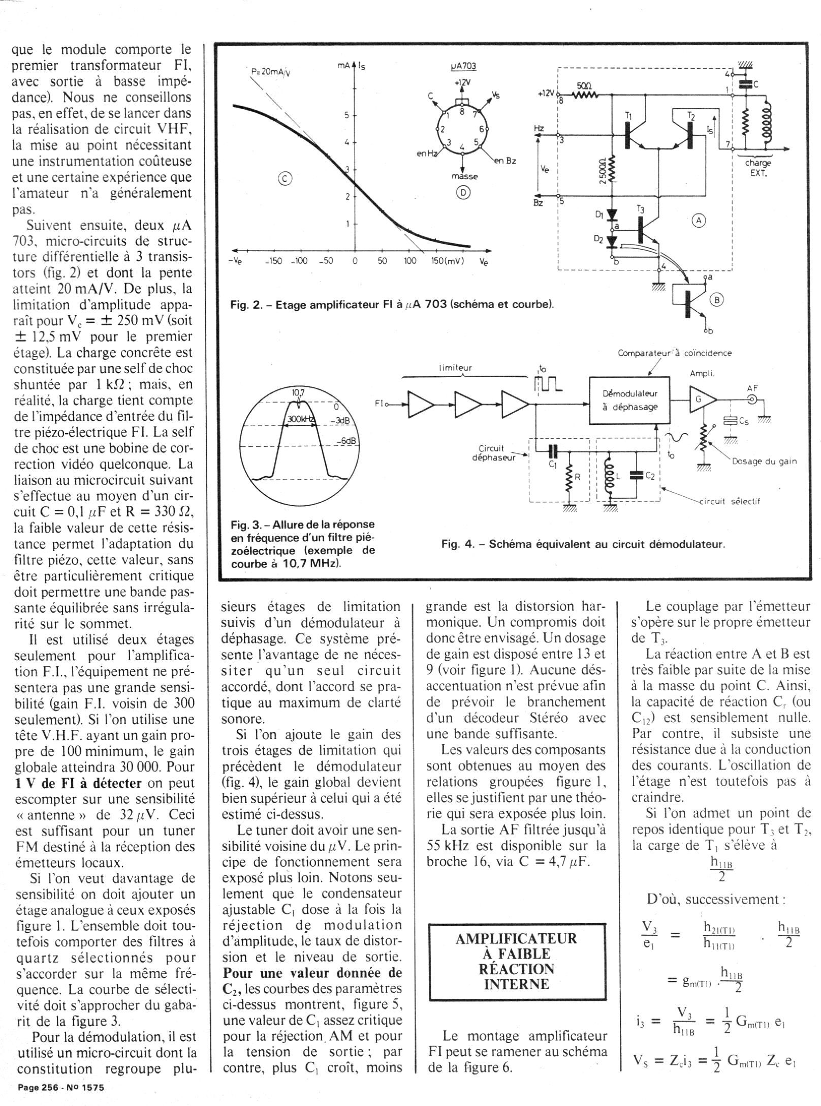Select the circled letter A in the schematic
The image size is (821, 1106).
point(699,220)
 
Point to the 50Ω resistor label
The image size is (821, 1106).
point(585,86)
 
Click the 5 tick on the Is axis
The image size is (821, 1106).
point(348,115)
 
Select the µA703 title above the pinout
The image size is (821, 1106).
point(463,67)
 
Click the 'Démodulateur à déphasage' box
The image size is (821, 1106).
point(629,400)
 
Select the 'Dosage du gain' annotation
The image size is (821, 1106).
point(765,461)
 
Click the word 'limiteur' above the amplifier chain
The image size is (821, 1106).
point(456,368)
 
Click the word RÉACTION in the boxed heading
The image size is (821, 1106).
point(517,968)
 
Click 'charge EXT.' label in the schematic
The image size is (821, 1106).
point(758,167)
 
